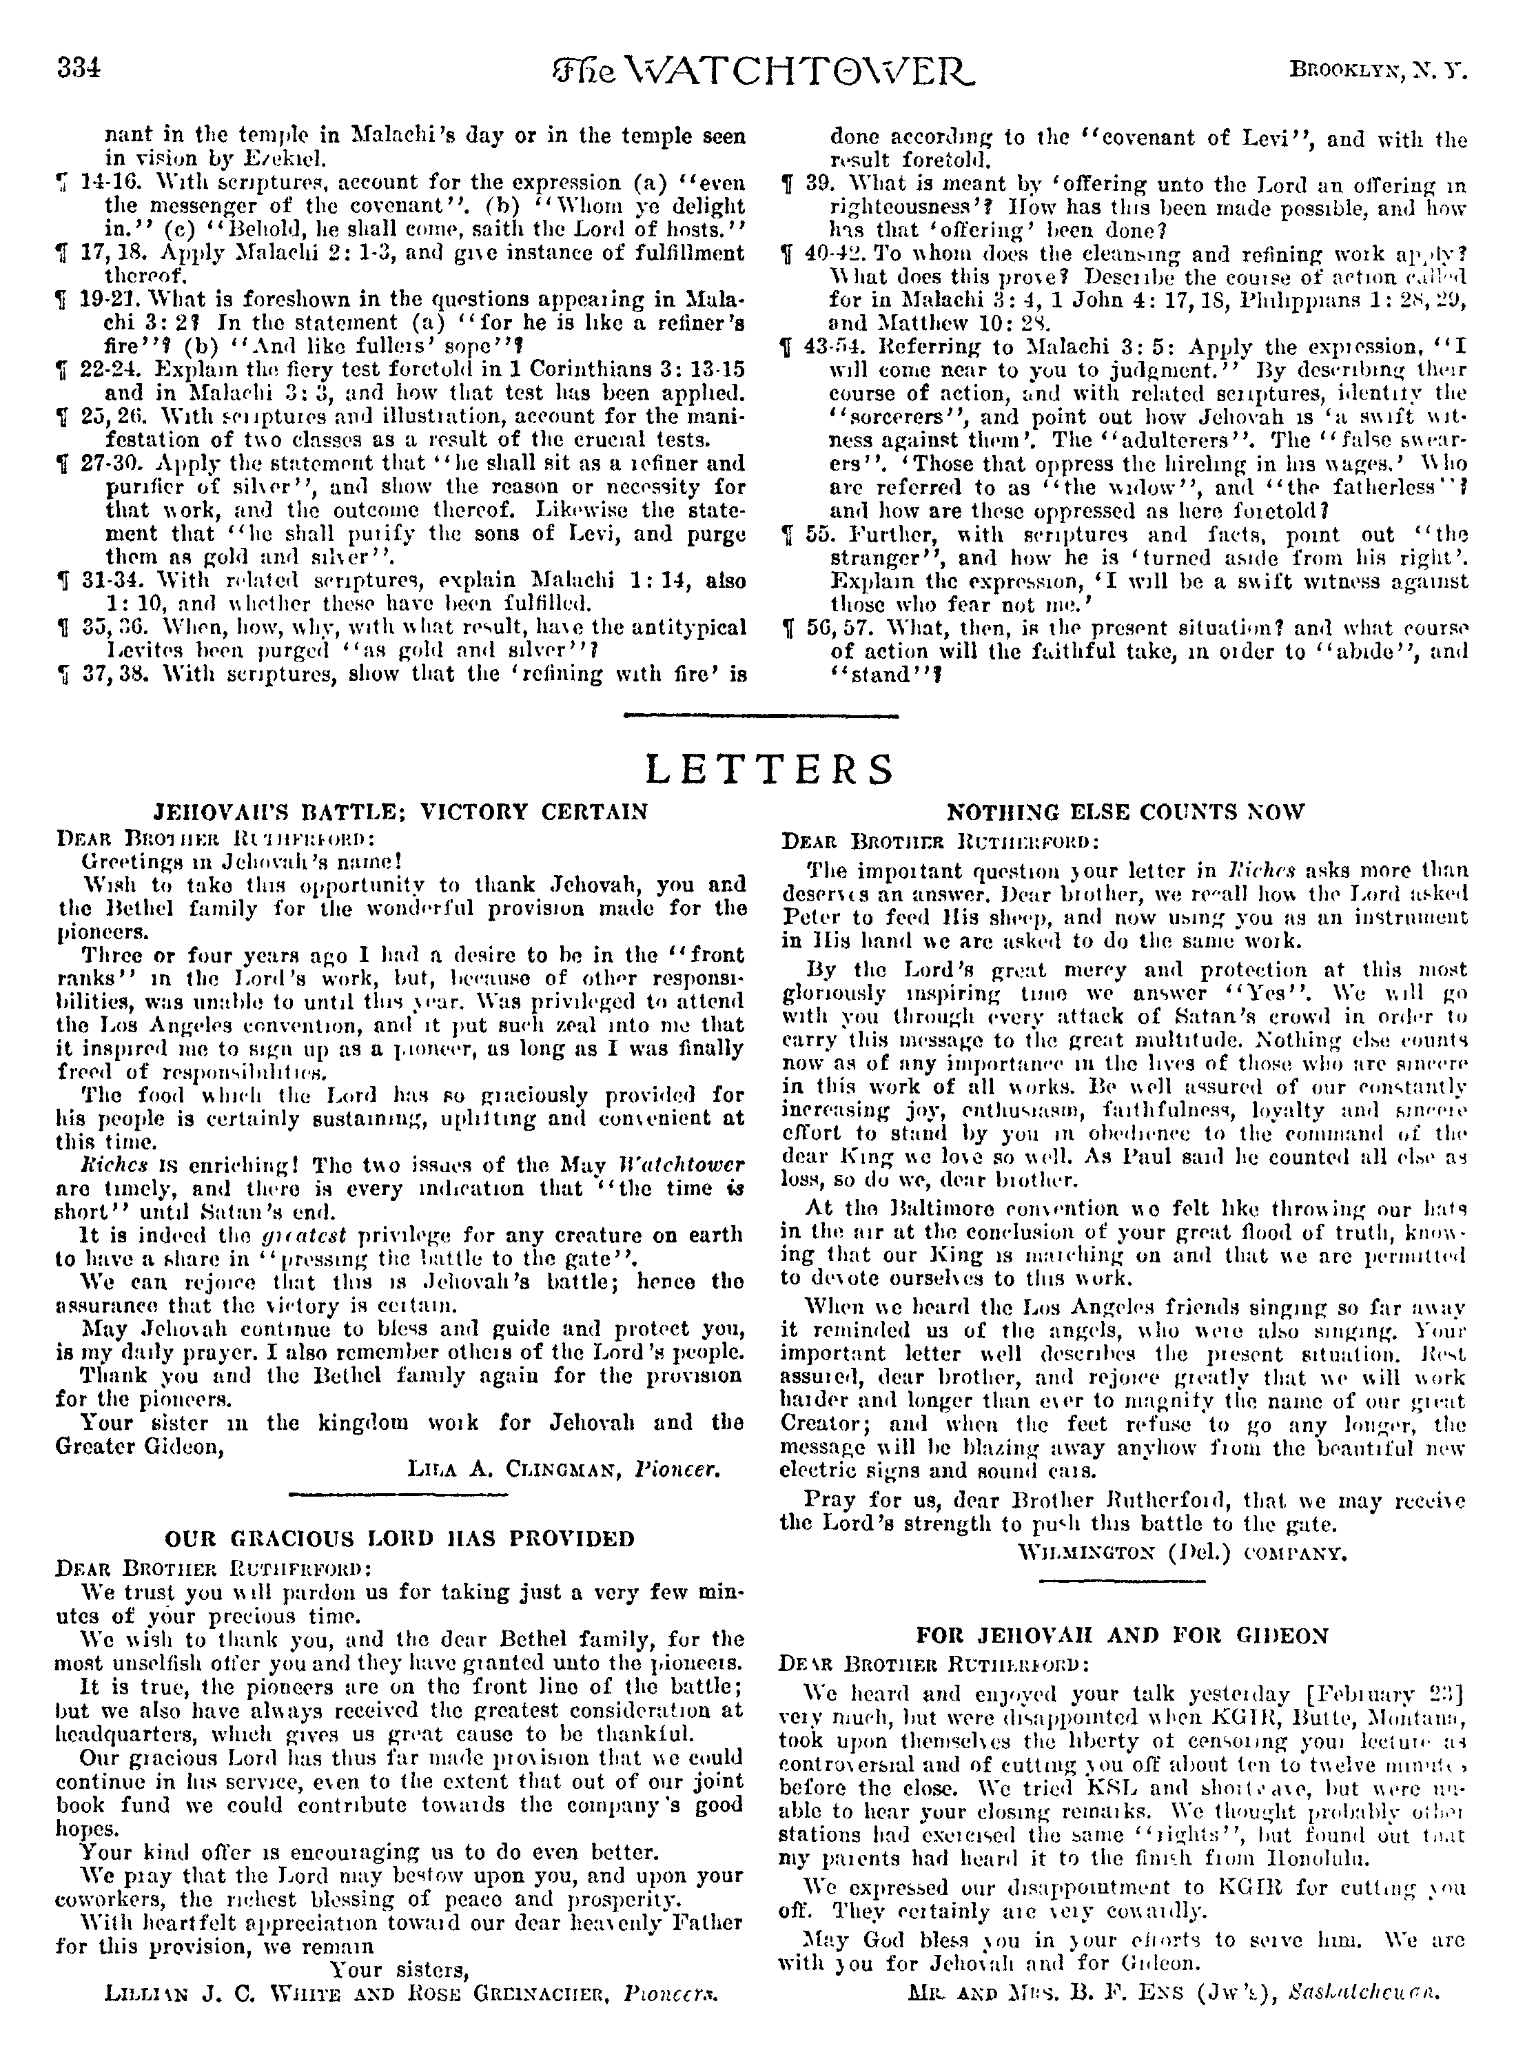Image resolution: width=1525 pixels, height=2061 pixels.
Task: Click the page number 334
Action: click(79, 69)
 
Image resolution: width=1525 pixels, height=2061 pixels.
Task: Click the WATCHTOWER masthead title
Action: click(761, 70)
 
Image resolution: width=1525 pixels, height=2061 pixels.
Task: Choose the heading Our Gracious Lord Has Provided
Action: click(400, 1539)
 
